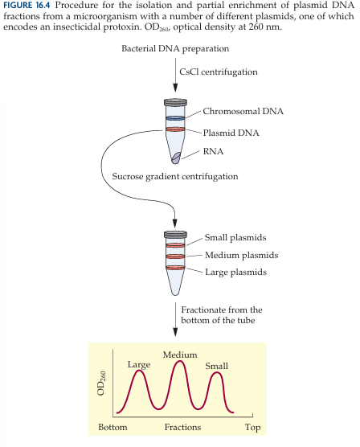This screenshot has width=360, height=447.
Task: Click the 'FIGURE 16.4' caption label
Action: click(27, 6)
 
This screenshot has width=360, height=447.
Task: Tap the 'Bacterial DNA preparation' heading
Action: click(175, 49)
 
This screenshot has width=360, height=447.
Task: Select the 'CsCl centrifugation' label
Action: click(219, 72)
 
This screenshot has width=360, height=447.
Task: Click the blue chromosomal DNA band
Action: click(175, 118)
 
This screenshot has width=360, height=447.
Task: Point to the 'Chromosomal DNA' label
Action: click(243, 111)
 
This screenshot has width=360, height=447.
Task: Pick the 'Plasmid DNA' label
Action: click(231, 133)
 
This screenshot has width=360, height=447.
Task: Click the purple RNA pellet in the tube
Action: click(176, 158)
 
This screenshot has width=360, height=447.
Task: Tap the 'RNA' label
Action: click(213, 151)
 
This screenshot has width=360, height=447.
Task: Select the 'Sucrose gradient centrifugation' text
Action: click(175, 176)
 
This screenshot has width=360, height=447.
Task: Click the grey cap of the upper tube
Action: click(175, 102)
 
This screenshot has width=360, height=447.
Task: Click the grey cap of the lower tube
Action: click(175, 234)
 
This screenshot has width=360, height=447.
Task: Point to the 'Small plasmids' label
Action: click(235, 238)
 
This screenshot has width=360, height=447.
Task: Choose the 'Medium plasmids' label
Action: click(241, 255)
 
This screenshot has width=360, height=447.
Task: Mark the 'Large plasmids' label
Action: click(235, 273)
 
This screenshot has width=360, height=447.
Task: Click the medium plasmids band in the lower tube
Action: click(175, 256)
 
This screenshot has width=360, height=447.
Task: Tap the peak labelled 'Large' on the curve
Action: click(139, 371)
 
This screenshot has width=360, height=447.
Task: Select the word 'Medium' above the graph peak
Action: click(180, 355)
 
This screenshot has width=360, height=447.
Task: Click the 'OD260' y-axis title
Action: click(102, 383)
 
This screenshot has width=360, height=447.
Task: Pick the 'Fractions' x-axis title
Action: click(182, 427)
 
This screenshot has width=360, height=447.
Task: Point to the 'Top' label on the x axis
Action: click(253, 428)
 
